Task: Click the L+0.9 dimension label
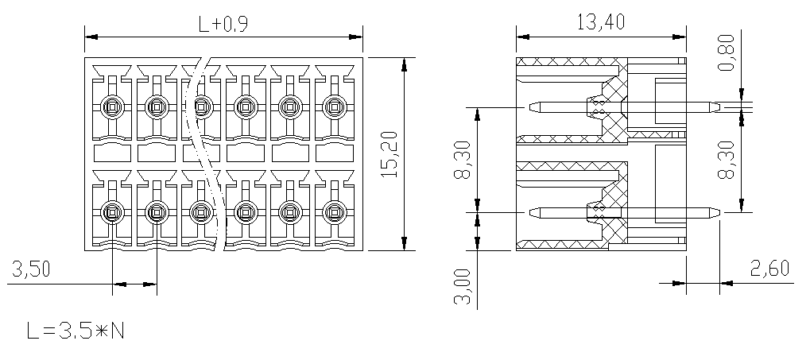coord(223,24)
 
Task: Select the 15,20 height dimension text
coord(389,154)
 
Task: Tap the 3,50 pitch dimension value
coord(31,269)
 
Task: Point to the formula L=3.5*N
coord(76,331)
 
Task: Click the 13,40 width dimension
coord(601,22)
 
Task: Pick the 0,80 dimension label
coord(726,52)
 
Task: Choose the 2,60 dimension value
coord(769,269)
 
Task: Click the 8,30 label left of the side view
coord(463,160)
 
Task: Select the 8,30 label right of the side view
coord(727,160)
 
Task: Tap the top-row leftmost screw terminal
coord(112,107)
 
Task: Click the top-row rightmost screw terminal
coord(334,107)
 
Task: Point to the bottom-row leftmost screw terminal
coord(112,211)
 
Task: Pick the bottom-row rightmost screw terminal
coord(334,211)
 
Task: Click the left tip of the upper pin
coord(529,107)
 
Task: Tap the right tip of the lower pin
coord(720,211)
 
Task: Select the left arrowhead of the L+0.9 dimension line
coord(91,37)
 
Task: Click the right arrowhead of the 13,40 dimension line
coord(680,37)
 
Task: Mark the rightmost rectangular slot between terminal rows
coord(334,153)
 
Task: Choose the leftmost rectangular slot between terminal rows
coord(112,153)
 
